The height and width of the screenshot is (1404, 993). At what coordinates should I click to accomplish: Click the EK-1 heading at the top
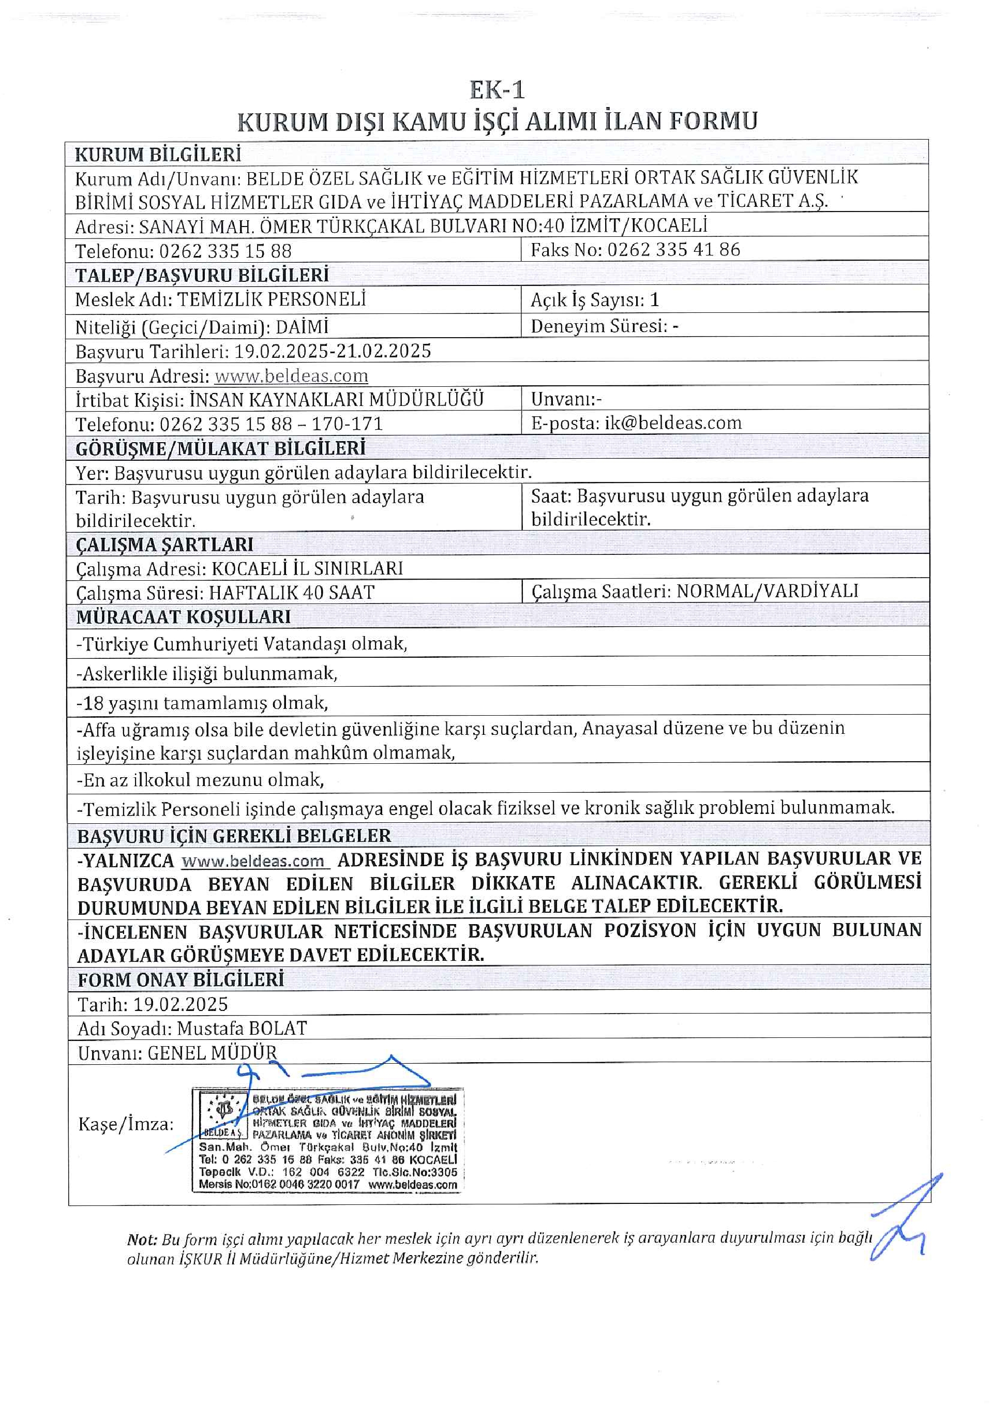tap(496, 90)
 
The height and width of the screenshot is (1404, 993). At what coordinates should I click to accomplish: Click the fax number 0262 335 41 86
tap(673, 249)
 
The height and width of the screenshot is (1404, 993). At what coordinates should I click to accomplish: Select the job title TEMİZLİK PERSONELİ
tap(271, 299)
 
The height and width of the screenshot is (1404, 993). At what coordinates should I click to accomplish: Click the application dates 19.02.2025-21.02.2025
tap(333, 351)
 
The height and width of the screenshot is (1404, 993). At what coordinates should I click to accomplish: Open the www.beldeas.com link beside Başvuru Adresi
tap(291, 375)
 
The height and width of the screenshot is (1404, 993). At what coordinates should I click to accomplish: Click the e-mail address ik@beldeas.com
tap(672, 422)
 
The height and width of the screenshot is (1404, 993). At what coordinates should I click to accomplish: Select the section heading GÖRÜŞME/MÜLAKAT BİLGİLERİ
tap(220, 448)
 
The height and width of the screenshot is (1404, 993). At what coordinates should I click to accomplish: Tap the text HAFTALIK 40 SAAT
tap(291, 592)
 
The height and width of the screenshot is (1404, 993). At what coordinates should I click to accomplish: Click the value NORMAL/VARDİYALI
tap(768, 591)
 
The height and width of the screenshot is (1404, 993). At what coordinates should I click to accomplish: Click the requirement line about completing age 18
tap(202, 703)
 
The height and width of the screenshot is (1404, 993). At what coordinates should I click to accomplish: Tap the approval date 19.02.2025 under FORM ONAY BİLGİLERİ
tap(180, 1004)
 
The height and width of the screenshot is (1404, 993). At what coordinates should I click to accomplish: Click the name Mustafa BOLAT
tap(242, 1028)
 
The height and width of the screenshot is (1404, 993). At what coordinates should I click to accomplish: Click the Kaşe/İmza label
tap(126, 1124)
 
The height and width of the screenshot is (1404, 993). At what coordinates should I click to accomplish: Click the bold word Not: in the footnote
tap(142, 1240)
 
